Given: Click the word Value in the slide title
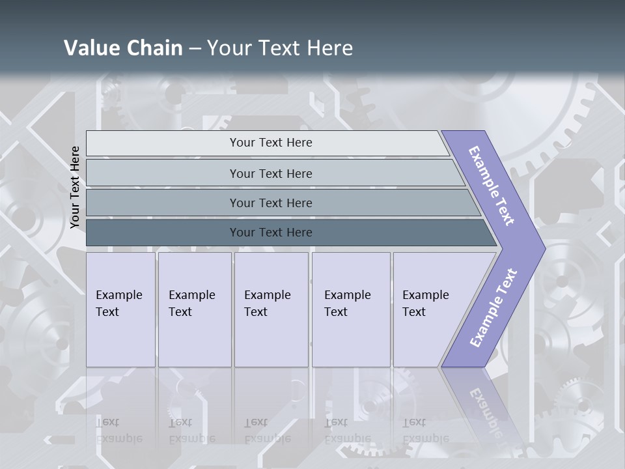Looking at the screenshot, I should (90, 48).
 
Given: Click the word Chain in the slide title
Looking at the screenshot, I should (154, 48).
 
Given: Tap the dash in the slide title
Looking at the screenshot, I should (195, 48).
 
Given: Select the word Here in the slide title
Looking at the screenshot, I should (329, 48).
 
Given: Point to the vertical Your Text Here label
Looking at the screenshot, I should (75, 187).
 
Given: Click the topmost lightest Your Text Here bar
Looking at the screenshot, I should (270, 143).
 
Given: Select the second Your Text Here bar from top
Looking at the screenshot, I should (270, 173).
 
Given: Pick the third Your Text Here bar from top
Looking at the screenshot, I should (270, 203).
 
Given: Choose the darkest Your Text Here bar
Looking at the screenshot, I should (270, 233).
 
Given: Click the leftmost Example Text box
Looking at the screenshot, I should (120, 309).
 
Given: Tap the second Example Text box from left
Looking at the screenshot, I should (195, 309).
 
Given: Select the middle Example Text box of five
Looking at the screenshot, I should (271, 309).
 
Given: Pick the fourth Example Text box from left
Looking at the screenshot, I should (351, 309).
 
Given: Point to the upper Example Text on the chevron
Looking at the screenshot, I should (492, 186).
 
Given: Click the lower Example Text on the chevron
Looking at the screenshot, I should (493, 307).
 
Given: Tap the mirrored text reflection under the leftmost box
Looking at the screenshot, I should (119, 430).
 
